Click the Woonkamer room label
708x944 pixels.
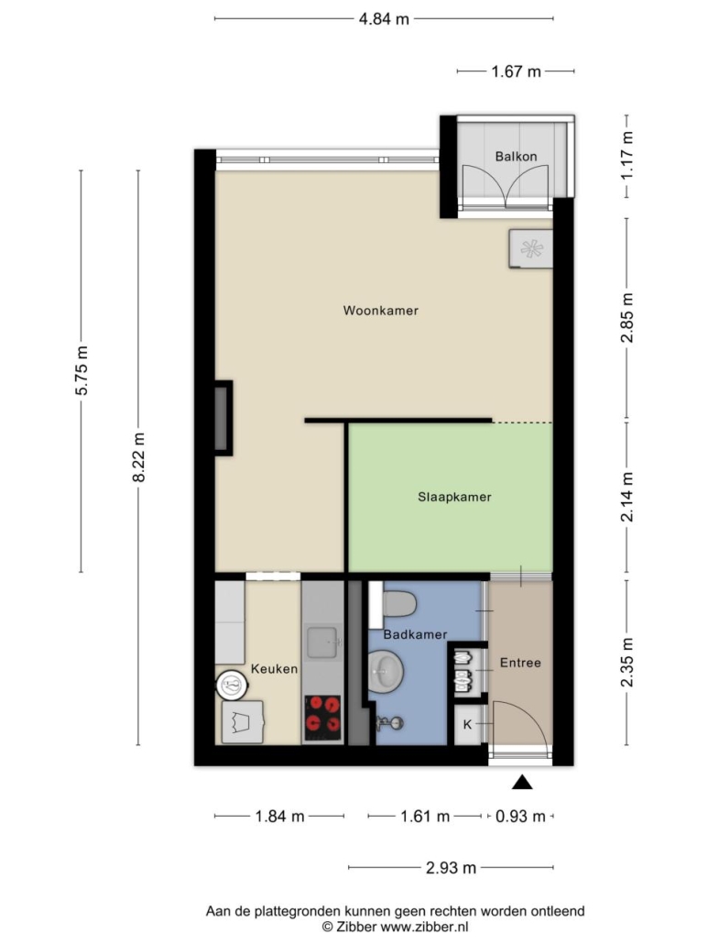pos(380,311)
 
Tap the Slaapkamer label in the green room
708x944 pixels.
pos(454,498)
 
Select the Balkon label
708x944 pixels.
pos(516,157)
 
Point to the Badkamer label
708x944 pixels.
pos(415,634)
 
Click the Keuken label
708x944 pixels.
pos(274,669)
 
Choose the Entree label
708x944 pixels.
pos(520,663)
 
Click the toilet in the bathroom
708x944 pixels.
pos(399,604)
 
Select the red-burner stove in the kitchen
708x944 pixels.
pos(322,718)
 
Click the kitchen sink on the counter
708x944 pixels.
pos(324,643)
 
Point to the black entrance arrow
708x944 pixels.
pos(522,782)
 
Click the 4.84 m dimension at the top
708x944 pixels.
pos(384,19)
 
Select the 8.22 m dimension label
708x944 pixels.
pos(139,457)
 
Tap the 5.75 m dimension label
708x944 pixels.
pos(82,370)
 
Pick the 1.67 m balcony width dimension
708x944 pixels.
pos(516,71)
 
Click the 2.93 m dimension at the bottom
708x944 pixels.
pos(451,868)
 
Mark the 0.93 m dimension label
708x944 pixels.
pos(520,817)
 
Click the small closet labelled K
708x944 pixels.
pos(468,725)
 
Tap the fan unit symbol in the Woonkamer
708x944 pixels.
pos(530,248)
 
